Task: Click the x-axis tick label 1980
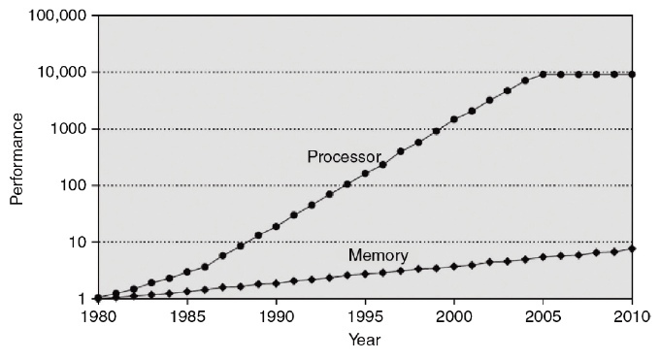click(97, 315)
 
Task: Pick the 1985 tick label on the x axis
click(186, 315)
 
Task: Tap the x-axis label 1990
click(276, 315)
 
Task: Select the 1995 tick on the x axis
click(365, 315)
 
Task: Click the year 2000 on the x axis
click(454, 315)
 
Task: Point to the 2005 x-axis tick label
click(544, 315)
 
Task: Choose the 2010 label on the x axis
click(632, 315)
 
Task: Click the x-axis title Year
click(365, 341)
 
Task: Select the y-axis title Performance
click(16, 157)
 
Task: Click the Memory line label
click(378, 255)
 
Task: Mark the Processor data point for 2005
click(544, 74)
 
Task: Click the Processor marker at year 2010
click(633, 74)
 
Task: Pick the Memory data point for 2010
click(633, 248)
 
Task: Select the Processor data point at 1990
click(276, 226)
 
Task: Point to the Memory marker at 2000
click(454, 266)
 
